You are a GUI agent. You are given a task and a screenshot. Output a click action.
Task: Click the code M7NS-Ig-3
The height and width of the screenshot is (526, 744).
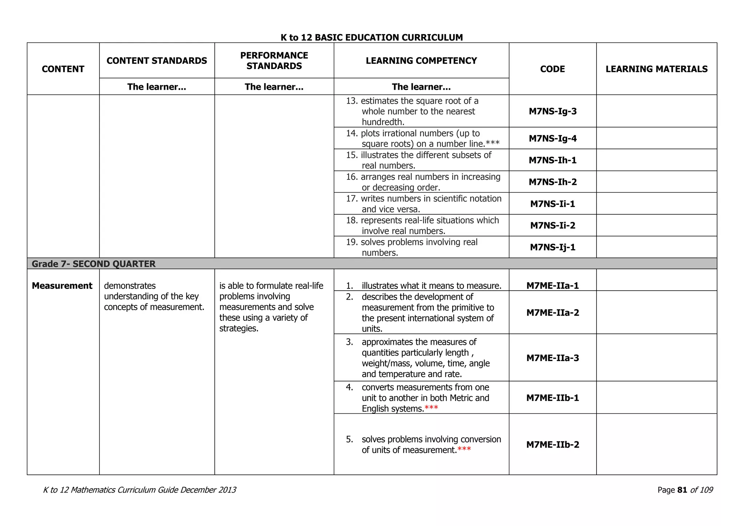pos(553,111)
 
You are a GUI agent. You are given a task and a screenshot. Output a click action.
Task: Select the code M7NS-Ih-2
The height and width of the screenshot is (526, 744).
pos(553,182)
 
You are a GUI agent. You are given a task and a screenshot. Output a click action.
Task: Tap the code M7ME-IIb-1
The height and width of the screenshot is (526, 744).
pos(553,398)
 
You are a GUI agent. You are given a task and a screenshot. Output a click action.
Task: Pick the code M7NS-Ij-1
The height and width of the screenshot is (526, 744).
pos(553,247)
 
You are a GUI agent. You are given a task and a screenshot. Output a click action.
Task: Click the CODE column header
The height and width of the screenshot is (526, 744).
pos(552,69)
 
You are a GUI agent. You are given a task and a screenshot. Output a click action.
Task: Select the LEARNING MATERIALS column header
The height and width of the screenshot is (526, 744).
pos(656,69)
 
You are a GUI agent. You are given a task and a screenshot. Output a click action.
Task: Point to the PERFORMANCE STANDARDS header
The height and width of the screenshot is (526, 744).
pos(274,61)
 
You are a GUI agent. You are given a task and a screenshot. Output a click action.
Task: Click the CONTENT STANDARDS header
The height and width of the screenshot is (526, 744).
pos(157,61)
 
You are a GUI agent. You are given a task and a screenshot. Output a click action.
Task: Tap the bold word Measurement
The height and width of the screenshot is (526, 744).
pos(62,286)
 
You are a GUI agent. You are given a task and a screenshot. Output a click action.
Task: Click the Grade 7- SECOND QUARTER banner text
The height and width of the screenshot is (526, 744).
pos(94,264)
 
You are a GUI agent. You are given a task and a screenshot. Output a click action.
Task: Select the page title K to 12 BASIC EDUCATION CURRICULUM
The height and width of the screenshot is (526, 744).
pos(372,37)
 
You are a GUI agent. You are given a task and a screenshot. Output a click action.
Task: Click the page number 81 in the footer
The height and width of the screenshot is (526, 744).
pos(682,490)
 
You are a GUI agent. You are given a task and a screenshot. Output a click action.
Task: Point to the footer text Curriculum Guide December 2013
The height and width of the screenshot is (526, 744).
pos(171,490)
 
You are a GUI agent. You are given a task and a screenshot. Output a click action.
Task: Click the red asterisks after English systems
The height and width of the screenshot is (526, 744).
pos(431,408)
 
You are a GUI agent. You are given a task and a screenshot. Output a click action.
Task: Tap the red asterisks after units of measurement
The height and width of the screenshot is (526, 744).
pos(464,449)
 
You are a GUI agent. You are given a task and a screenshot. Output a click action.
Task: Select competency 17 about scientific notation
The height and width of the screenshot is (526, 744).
pos(424,203)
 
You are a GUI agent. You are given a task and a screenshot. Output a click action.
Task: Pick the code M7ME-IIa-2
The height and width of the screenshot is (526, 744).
pos(553,312)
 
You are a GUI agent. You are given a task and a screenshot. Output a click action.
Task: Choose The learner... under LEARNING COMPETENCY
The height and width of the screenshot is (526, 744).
pos(421,87)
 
